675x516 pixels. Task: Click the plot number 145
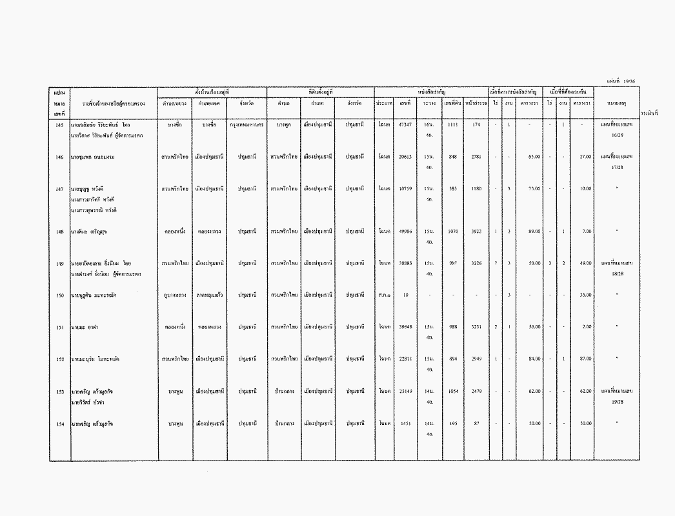(59, 124)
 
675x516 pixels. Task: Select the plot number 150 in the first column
(59, 295)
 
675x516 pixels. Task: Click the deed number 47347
(405, 124)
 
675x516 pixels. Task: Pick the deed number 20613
(405, 156)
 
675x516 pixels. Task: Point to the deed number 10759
(405, 188)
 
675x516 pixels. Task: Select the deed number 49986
(405, 231)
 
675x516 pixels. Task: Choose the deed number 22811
(405, 359)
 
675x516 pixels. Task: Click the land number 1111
(453, 124)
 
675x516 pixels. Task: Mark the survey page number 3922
(476, 231)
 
